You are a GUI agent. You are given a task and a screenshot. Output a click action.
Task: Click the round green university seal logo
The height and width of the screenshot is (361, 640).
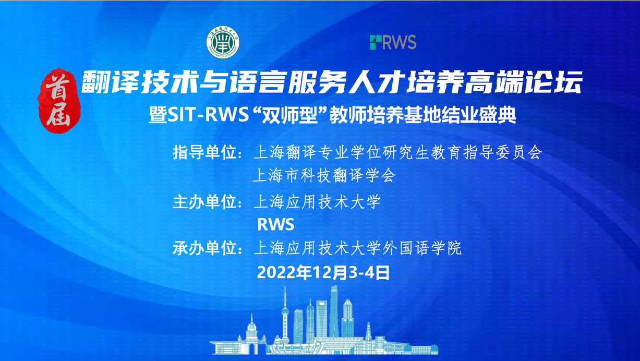(x=223, y=42)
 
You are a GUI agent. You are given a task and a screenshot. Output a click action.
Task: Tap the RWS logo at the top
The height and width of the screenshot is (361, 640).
(x=393, y=42)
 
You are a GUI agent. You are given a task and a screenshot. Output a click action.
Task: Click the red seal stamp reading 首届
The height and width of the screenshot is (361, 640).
(x=59, y=101)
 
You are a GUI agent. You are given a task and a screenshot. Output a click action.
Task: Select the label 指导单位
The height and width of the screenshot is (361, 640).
(x=204, y=152)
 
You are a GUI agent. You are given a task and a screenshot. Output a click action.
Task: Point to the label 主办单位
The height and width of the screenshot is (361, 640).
(x=204, y=202)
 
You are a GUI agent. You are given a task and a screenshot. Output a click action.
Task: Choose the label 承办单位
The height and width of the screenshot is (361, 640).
(x=204, y=248)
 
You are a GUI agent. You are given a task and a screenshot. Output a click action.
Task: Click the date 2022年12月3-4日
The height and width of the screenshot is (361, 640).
(x=323, y=272)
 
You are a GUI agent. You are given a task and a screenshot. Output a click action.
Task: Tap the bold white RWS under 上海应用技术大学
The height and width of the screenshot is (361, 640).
(x=276, y=224)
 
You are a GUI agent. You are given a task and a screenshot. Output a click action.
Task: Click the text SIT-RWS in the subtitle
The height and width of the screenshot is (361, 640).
(x=208, y=115)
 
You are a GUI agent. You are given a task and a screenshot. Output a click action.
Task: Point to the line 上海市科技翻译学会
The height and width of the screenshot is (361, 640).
(x=324, y=175)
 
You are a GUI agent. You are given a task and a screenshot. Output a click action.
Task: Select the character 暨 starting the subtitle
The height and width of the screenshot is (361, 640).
(x=158, y=115)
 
